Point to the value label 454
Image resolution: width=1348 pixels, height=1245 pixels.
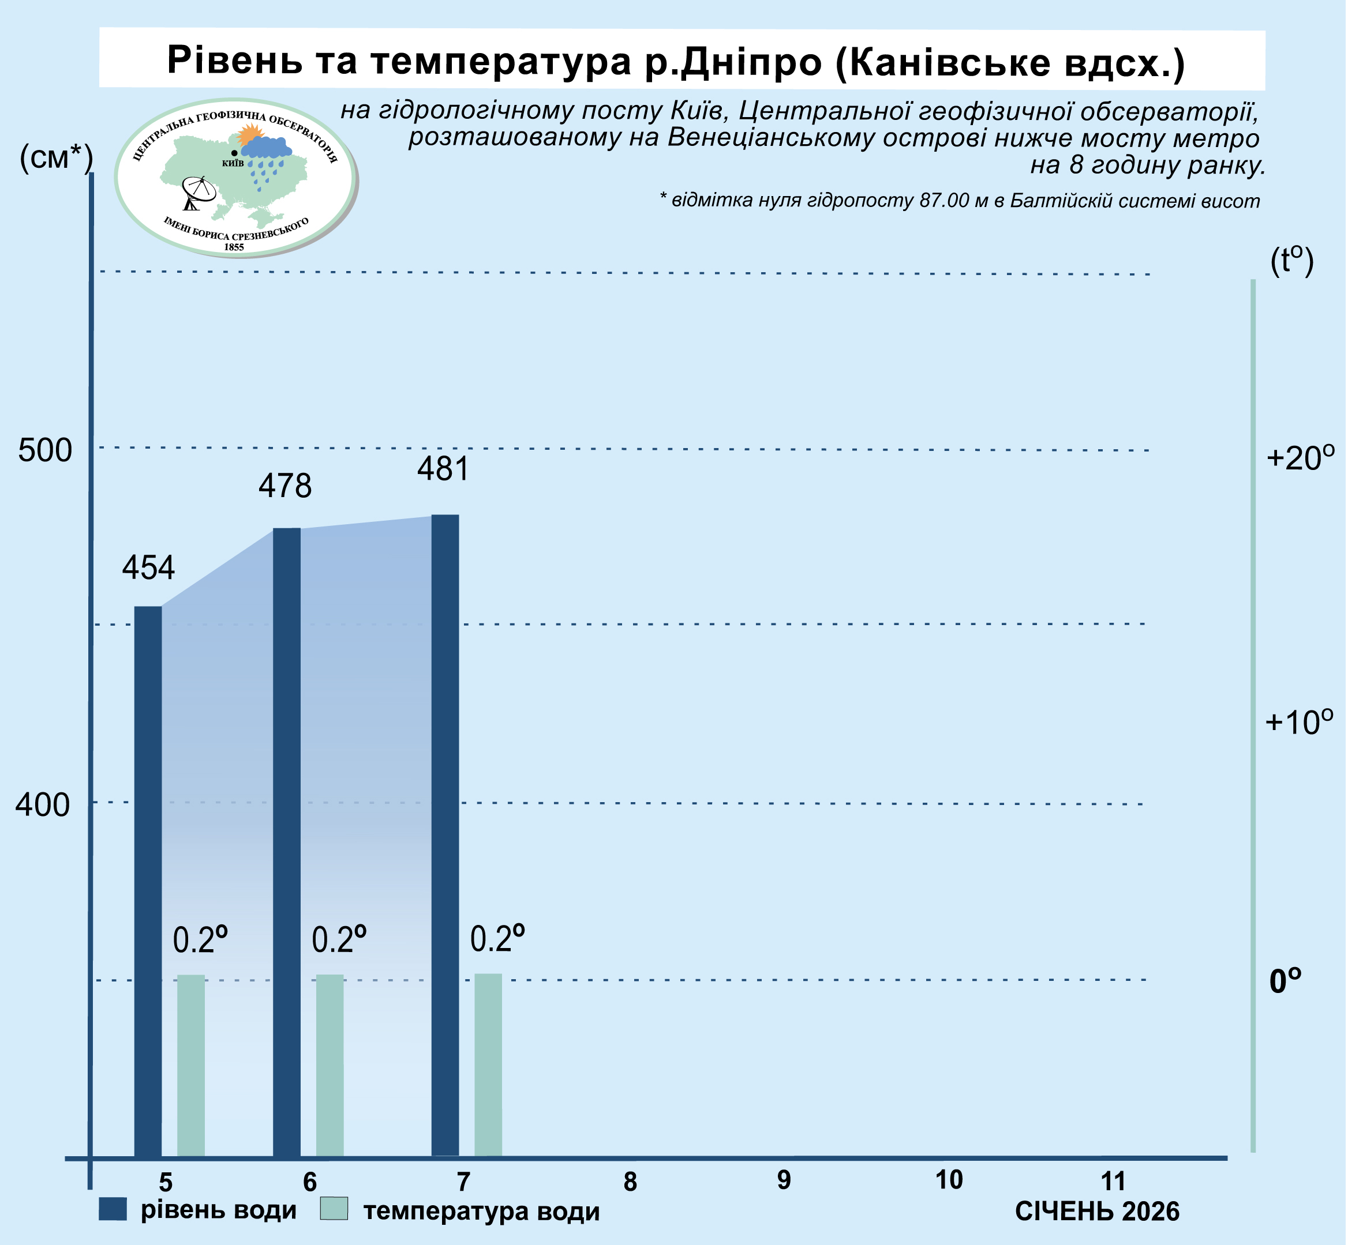coord(148,568)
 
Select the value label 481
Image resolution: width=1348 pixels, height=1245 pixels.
coord(443,469)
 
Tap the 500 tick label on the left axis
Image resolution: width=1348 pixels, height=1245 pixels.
coord(44,450)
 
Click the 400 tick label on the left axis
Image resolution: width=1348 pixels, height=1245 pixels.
coord(43,804)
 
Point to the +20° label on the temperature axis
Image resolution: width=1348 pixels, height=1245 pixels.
coord(1300,458)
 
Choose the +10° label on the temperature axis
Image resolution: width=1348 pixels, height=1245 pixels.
coord(1299,722)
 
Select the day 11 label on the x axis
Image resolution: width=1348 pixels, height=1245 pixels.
coord(1114,1181)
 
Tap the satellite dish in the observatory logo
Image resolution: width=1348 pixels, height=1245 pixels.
coord(200,192)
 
